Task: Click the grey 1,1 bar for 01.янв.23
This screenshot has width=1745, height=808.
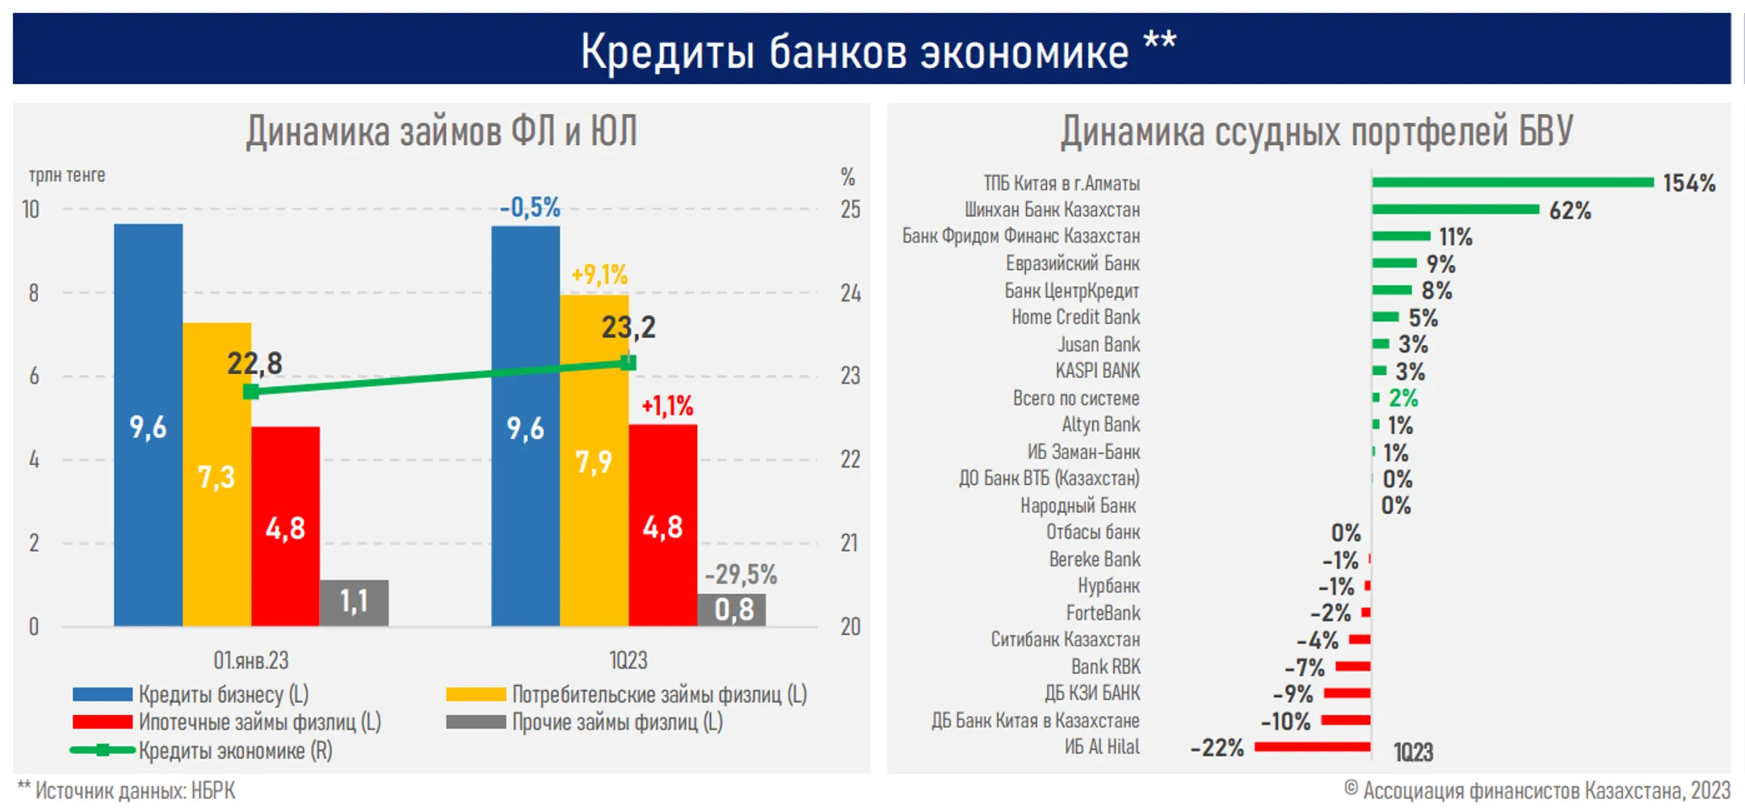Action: (354, 602)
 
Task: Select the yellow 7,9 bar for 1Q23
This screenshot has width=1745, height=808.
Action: (594, 461)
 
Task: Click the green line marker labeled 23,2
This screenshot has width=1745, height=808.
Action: (629, 363)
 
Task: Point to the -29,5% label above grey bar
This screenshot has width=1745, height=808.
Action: (741, 574)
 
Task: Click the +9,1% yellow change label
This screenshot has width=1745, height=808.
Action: (599, 275)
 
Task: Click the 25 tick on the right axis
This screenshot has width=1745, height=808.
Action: (850, 209)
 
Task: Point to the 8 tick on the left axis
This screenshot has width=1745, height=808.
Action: (34, 292)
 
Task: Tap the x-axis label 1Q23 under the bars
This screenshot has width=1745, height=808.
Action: (628, 660)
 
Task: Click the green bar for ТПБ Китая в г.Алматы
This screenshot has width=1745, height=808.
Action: (1512, 182)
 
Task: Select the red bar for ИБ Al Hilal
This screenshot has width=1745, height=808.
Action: (1312, 747)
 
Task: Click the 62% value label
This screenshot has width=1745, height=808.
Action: (1570, 211)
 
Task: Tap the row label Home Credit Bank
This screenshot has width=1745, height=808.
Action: (1075, 317)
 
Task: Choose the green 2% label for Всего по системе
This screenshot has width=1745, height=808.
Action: (1403, 398)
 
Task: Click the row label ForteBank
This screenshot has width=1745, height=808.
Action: (1103, 612)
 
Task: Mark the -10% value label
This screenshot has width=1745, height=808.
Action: (1286, 721)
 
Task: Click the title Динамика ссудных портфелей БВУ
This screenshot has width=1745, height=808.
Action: (1317, 131)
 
